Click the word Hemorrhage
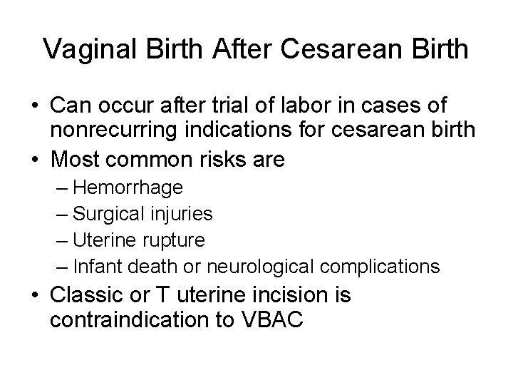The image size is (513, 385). (128, 188)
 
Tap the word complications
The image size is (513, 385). (381, 267)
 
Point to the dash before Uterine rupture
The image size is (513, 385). (62, 240)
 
